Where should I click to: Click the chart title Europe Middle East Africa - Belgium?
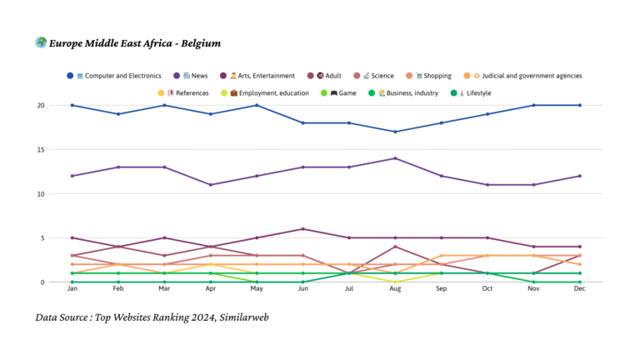click(133, 43)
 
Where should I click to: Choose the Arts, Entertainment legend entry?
click(262, 76)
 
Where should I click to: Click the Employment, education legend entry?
click(268, 92)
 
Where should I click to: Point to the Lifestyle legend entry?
click(472, 92)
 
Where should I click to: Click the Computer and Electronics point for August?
click(395, 132)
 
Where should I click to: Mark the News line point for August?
click(395, 158)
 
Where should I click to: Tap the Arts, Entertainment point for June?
click(302, 229)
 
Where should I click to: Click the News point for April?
click(210, 185)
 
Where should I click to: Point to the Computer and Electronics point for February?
click(118, 114)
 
